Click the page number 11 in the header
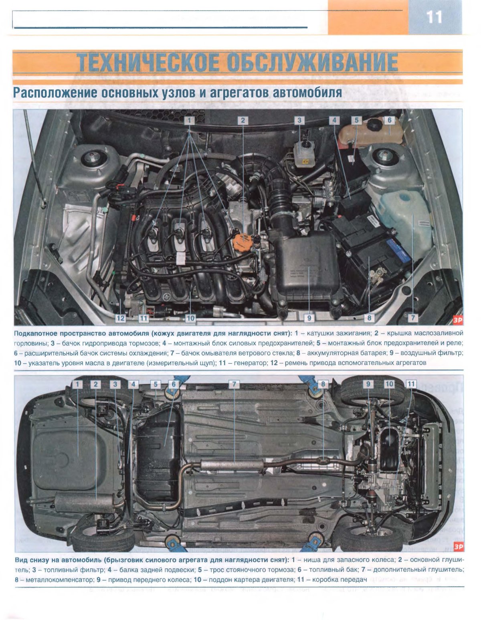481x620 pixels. (435, 17)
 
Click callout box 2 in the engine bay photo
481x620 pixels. (243, 120)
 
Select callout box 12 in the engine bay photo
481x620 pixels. (121, 318)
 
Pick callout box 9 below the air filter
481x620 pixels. (309, 318)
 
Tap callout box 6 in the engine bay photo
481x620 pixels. (390, 120)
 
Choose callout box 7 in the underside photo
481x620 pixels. (234, 384)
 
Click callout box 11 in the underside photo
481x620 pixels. (410, 384)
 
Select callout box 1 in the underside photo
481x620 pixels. (77, 384)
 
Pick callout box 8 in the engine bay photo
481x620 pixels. (369, 318)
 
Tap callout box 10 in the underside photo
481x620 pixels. (390, 384)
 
